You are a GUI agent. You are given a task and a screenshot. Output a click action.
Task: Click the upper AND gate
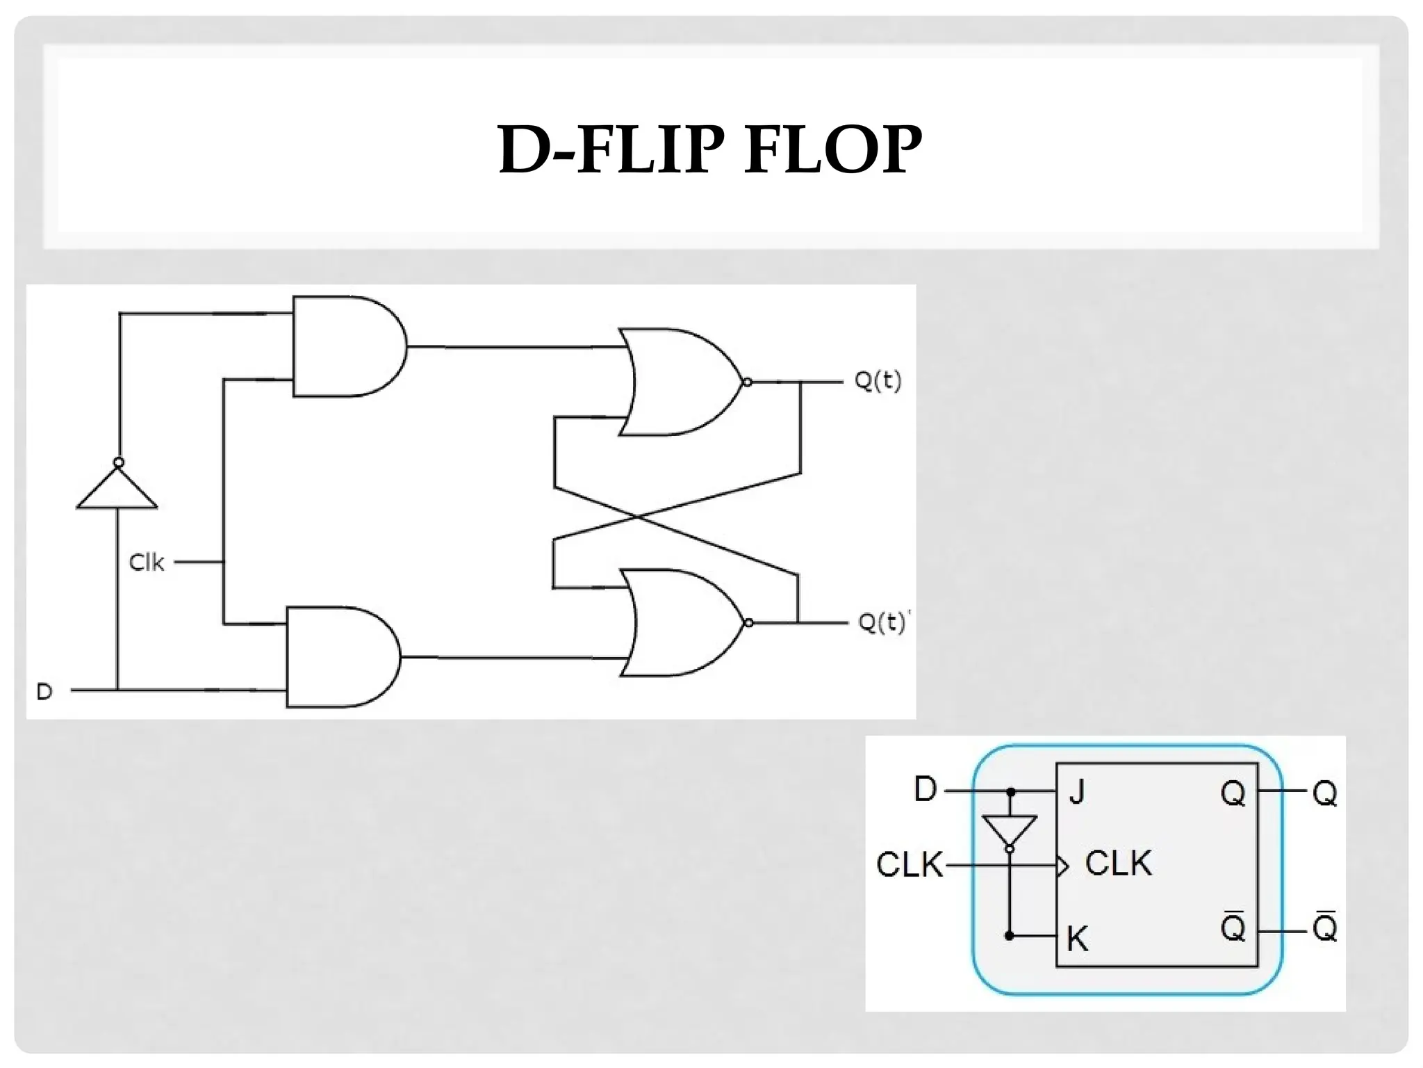point(344,346)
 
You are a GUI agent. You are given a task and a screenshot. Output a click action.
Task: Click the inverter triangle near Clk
point(117,490)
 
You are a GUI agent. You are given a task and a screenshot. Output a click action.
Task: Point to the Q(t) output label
point(878,381)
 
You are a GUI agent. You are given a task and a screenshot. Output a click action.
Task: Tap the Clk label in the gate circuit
point(146,562)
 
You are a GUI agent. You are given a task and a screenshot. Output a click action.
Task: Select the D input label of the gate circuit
point(44,691)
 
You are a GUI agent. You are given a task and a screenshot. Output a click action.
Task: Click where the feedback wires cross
point(637,517)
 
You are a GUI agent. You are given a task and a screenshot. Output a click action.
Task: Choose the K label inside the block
point(1077,939)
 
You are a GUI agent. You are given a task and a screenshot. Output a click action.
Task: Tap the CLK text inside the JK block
point(1118,864)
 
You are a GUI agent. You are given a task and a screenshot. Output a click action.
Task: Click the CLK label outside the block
point(908,865)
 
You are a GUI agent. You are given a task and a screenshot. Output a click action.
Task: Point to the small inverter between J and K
point(1010,831)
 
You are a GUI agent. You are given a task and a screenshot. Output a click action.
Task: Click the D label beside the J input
point(926,789)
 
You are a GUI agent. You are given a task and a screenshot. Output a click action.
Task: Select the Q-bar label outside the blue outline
point(1325,928)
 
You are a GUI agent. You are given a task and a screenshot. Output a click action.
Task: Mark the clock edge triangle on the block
point(1062,866)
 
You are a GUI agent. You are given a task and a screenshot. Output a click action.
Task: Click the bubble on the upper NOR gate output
point(748,382)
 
